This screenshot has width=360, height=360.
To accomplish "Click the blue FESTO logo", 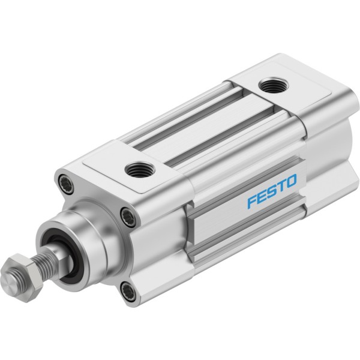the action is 272,191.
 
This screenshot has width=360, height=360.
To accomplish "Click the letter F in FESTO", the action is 252,202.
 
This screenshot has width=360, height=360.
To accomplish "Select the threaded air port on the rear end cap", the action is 273,85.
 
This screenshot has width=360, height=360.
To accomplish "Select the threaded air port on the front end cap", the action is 140,170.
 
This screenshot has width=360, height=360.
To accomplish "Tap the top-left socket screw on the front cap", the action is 66,184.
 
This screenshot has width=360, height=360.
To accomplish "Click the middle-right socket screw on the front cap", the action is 128,217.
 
